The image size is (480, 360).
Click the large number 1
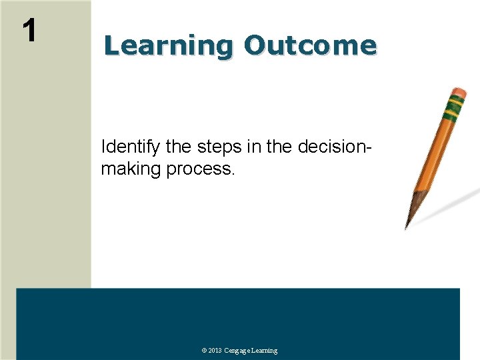[29, 30]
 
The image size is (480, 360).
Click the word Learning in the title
[167, 45]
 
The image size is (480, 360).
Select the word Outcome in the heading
[310, 45]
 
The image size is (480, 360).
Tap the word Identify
[130, 147]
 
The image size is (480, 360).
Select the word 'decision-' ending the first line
[332, 147]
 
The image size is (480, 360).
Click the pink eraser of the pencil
[459, 92]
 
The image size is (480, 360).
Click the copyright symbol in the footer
[204, 351]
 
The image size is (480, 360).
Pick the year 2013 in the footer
[215, 351]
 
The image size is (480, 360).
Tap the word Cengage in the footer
[237, 351]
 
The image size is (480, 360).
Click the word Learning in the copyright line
[265, 351]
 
